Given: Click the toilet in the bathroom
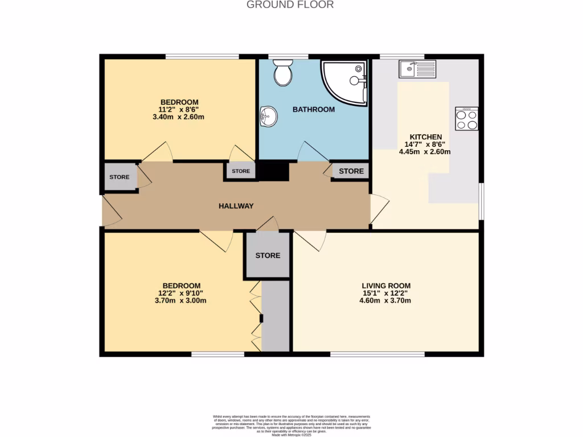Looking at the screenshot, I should (282, 74).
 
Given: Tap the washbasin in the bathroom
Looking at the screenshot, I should (268, 117).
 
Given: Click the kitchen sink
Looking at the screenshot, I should (417, 69).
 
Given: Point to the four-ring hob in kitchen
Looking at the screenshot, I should (467, 118).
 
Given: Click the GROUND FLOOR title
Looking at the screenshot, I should (290, 5).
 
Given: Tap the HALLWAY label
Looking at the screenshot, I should (236, 206).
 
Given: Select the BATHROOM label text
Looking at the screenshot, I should (314, 109).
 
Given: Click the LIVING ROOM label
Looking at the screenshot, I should (386, 286).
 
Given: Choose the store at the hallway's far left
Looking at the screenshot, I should (120, 177).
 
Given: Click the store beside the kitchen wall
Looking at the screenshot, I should (351, 171).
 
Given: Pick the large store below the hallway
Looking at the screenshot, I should (268, 255).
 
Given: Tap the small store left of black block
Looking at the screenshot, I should (240, 171).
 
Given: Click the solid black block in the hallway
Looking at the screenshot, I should (274, 171).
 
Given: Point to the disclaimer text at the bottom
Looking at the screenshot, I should (291, 425).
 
